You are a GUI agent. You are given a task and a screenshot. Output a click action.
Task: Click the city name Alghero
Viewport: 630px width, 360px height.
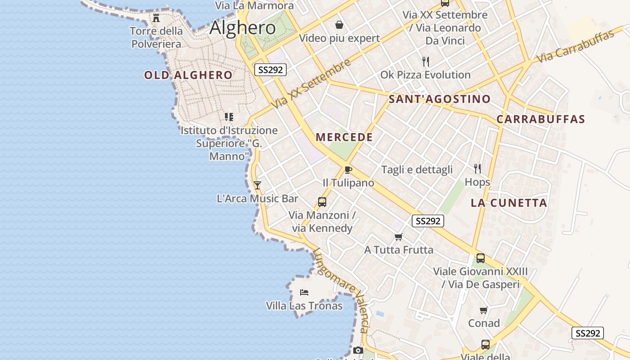click(x=243, y=28)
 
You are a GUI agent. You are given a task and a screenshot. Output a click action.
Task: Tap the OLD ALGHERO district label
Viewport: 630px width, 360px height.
click(x=188, y=75)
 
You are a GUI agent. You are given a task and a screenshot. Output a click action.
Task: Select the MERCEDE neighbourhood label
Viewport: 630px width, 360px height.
click(x=344, y=137)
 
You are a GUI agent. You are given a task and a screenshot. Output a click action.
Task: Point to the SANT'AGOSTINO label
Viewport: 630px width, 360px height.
click(x=439, y=99)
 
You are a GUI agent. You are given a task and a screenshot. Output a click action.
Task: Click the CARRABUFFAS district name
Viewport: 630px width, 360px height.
click(x=540, y=119)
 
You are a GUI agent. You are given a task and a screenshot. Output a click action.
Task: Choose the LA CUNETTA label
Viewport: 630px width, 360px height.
click(x=509, y=202)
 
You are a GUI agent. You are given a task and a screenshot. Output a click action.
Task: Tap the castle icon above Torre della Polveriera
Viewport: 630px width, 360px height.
click(x=156, y=18)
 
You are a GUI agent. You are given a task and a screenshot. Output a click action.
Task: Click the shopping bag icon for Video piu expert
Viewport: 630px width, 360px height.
click(x=339, y=25)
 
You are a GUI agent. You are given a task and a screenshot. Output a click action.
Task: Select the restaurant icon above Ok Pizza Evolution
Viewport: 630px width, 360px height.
click(x=425, y=61)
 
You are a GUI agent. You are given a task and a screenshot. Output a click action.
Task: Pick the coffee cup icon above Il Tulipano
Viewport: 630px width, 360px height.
click(x=348, y=170)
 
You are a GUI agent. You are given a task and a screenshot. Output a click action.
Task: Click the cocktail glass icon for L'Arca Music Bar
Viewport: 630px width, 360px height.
click(x=257, y=185)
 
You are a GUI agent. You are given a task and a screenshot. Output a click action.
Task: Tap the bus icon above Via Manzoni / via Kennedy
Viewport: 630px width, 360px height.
click(x=322, y=202)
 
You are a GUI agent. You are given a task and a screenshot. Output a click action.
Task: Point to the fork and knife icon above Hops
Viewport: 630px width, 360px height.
click(x=477, y=169)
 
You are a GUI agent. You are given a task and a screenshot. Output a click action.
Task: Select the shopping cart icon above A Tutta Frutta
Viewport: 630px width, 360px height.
click(x=398, y=237)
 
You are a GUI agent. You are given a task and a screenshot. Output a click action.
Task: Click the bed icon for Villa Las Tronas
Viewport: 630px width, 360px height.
click(x=304, y=292)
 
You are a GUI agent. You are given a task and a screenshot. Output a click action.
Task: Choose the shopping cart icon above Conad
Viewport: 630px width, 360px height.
click(x=484, y=310)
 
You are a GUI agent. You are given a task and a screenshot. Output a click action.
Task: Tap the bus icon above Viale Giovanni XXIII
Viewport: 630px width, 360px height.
click(x=480, y=258)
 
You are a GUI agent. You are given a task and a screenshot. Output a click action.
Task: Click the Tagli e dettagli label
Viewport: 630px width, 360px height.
click(x=417, y=170)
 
